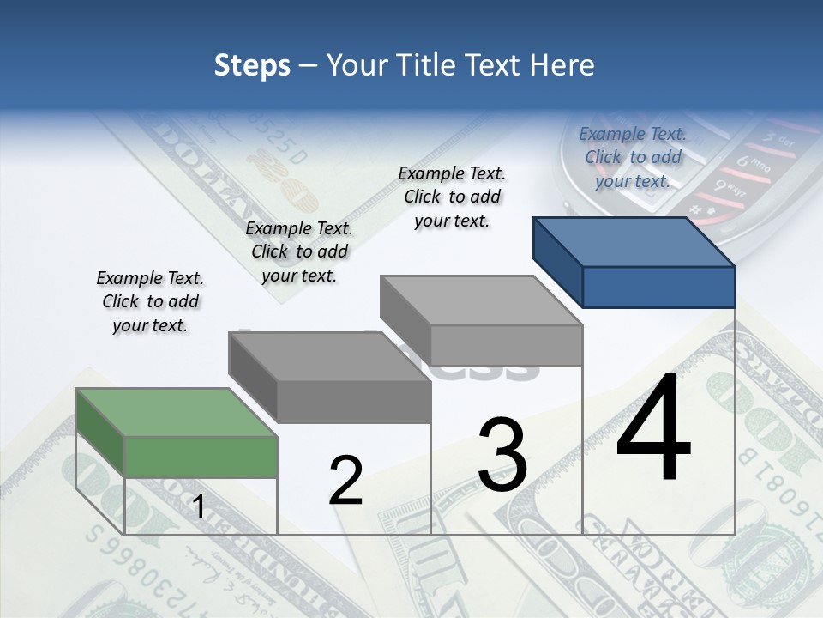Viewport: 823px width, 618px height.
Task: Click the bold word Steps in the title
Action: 252,65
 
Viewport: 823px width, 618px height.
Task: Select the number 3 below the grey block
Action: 502,455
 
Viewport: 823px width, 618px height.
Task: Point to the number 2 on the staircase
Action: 345,481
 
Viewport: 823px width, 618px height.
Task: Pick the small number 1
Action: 198,507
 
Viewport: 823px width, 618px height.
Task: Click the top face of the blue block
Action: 634,242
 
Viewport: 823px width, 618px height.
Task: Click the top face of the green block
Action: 177,412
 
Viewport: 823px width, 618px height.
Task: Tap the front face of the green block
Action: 201,457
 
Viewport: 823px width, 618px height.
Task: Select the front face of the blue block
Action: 658,287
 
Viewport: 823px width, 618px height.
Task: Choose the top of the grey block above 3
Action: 481,300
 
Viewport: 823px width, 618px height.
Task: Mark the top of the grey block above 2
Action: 329,357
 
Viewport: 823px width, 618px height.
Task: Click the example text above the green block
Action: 150,301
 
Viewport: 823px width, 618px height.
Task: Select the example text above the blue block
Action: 633,157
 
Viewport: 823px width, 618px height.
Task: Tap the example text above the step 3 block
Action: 452,197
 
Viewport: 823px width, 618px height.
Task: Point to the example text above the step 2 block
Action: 299,251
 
